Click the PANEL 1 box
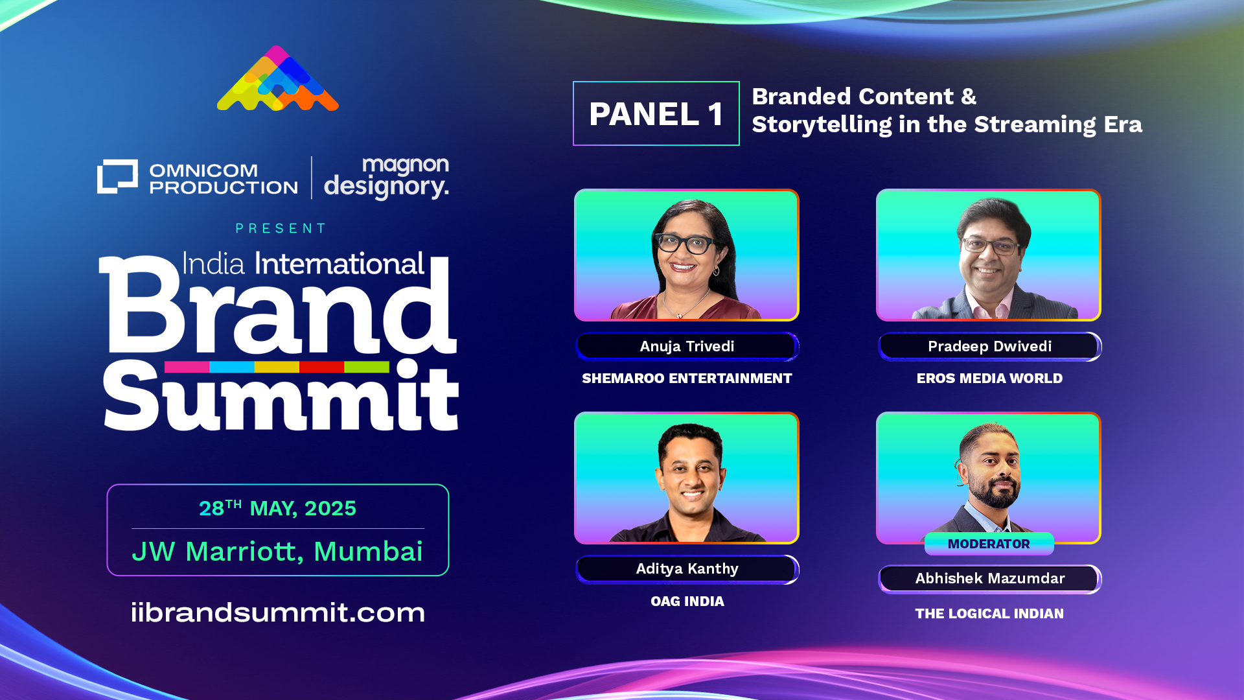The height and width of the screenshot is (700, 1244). coord(656,113)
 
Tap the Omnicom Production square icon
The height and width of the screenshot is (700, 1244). coord(117,176)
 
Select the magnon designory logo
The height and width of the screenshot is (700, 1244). coord(386,178)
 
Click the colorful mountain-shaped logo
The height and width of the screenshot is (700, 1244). coord(277,78)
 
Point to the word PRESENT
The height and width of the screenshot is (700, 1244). coord(281,228)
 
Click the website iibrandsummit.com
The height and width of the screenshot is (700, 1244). coord(278,612)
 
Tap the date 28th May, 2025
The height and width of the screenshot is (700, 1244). coord(277,507)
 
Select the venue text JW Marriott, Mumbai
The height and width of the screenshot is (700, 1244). coord(277,552)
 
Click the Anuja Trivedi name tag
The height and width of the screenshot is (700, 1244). coord(687,346)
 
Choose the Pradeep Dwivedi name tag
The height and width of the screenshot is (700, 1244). coord(989,346)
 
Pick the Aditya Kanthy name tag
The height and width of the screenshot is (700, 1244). coord(687,569)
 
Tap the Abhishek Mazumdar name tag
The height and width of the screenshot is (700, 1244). coord(989,579)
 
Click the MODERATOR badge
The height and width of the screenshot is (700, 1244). coord(989,544)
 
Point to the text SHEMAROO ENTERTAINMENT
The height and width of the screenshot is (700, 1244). coord(687,379)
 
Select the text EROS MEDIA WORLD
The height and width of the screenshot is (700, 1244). coord(989,379)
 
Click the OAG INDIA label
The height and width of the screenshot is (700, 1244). coord(687,601)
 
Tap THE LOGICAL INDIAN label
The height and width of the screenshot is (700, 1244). coord(989,614)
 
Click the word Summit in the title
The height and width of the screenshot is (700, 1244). coord(281,395)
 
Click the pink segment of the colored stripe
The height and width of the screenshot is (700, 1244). coord(187,367)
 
